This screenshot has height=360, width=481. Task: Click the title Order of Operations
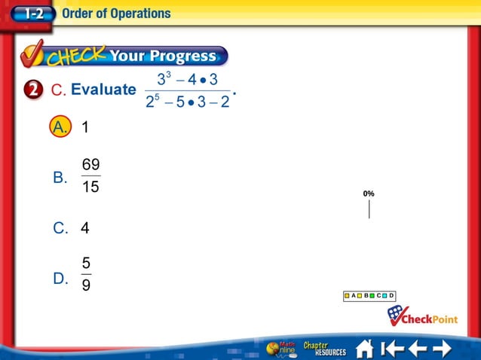(116, 13)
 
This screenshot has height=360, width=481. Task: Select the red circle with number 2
(33, 90)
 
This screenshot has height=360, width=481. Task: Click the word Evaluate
(103, 90)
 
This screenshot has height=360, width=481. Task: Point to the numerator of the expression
(188, 79)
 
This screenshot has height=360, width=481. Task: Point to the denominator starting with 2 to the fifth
(188, 102)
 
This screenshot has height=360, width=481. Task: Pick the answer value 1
(85, 127)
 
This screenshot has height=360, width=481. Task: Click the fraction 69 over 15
(90, 176)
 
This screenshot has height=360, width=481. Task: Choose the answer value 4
(85, 227)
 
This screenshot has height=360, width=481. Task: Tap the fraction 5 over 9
(87, 275)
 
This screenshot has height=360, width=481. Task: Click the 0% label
(369, 194)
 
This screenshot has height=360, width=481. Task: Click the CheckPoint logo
(422, 316)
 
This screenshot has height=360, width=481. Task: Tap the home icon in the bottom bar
(365, 349)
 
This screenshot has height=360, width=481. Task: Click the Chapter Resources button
(324, 349)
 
